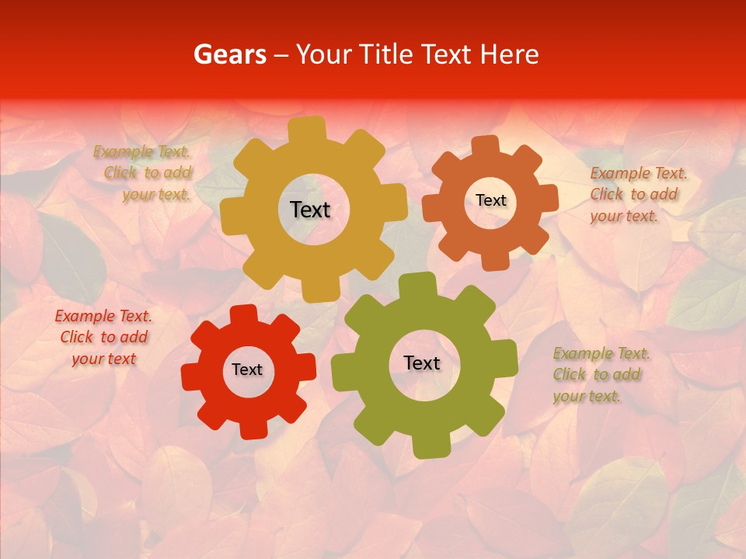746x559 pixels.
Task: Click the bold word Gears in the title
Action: coord(230,54)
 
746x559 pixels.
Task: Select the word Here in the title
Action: coord(510,54)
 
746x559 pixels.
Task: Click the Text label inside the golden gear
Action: coord(310,210)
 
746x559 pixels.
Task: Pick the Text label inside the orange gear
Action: coord(490,200)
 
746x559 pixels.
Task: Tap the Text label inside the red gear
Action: coord(247,370)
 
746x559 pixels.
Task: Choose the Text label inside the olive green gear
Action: coord(422,363)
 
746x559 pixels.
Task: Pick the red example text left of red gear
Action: coord(103,337)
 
